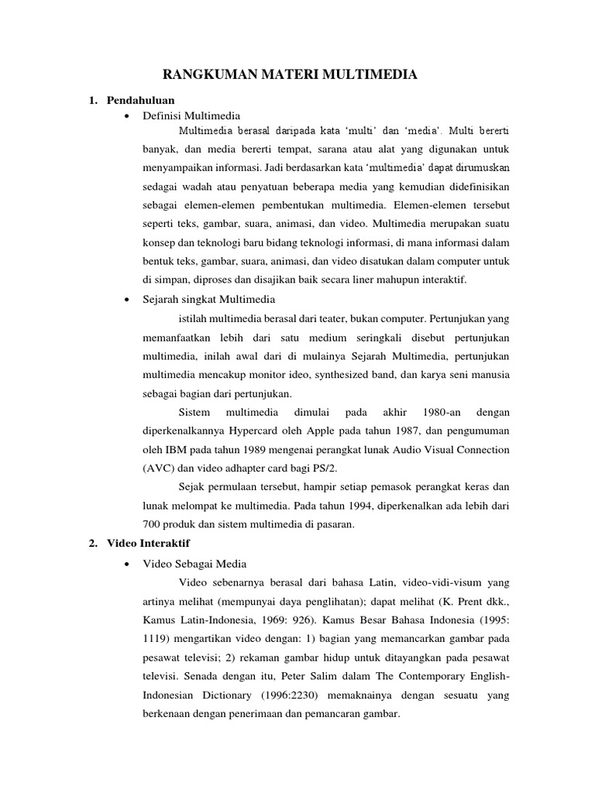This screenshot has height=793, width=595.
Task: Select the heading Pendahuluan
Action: point(142,100)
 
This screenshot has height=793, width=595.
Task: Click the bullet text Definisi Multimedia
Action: point(192,115)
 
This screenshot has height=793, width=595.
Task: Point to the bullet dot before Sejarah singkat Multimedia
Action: point(125,298)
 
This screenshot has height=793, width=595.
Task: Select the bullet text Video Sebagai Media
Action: point(194,563)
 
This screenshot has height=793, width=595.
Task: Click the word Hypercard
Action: point(268,431)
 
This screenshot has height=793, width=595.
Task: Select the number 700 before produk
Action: point(153,524)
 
